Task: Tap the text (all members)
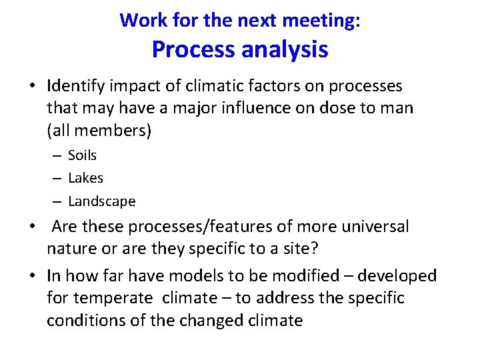[x=99, y=131]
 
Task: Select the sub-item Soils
[x=83, y=155]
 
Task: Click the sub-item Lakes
[x=86, y=178]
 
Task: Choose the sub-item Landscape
[x=102, y=201]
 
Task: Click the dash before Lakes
[x=57, y=178]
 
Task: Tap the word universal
[x=373, y=227]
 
